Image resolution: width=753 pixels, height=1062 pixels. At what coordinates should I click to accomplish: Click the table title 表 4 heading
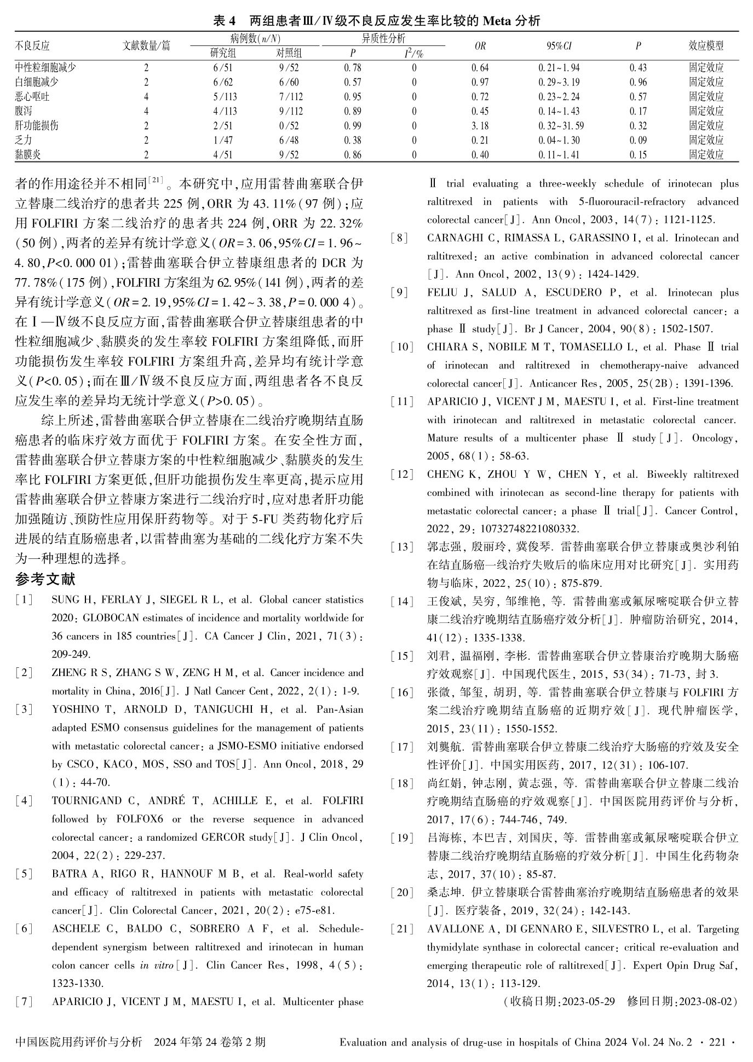pyautogui.click(x=376, y=21)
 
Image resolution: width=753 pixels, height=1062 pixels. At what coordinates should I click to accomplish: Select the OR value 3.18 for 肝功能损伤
pyautogui.click(x=480, y=126)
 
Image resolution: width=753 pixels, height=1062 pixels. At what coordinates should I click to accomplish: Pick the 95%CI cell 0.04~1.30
pyautogui.click(x=559, y=141)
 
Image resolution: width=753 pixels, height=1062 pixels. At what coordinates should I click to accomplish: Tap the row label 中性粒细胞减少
pyautogui.click(x=45, y=68)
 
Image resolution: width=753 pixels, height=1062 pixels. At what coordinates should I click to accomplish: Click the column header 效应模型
pyautogui.click(x=706, y=46)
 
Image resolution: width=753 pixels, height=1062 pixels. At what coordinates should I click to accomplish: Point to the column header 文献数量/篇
pyautogui.click(x=146, y=46)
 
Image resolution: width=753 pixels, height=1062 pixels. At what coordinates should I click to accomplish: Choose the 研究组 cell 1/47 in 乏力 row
pyautogui.click(x=223, y=141)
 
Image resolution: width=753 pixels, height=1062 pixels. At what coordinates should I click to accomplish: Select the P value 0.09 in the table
pyautogui.click(x=638, y=141)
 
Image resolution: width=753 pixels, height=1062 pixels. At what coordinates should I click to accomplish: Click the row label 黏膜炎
pyautogui.click(x=28, y=155)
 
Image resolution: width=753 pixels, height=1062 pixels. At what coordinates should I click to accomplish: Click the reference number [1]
pyautogui.click(x=24, y=600)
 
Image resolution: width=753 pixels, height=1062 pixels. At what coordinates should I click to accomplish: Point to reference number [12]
pyautogui.click(x=403, y=475)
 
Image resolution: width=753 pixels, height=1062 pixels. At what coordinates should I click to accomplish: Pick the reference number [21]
pyautogui.click(x=403, y=929)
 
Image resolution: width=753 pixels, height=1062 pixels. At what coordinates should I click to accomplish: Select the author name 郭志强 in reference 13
pyautogui.click(x=442, y=547)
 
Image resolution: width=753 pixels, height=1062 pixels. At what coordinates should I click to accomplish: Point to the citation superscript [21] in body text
pyautogui.click(x=156, y=180)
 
